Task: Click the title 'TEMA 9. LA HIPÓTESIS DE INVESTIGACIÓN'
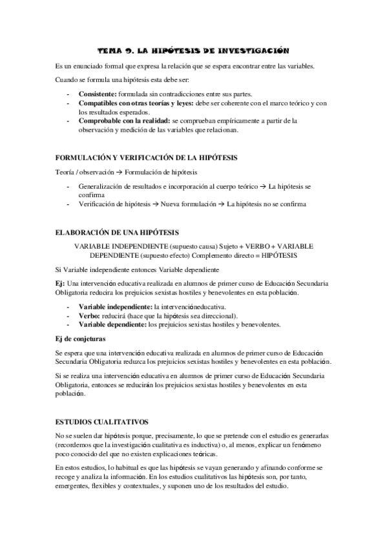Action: pos(193,50)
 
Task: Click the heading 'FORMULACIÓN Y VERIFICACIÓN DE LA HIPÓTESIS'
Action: pos(147,158)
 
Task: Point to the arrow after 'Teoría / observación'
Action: pos(119,173)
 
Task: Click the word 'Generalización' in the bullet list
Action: pos(105,187)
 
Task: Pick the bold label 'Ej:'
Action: pos(61,284)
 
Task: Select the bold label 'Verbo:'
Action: pos(90,315)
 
